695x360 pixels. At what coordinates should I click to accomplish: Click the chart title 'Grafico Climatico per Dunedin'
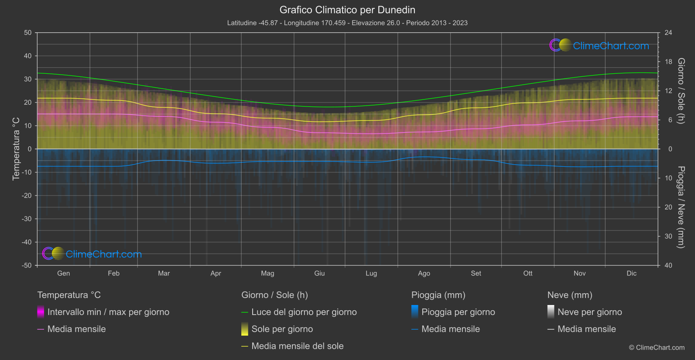point(347,10)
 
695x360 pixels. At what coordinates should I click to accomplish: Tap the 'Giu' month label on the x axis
point(319,273)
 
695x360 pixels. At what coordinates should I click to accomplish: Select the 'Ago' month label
point(424,273)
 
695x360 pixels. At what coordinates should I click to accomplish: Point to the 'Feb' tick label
point(113,273)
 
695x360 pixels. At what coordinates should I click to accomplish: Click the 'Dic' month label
point(631,273)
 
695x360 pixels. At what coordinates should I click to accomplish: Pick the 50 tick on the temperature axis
point(28,33)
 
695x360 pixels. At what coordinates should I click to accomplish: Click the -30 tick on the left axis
point(27,219)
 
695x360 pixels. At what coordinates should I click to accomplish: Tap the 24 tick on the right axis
point(668,33)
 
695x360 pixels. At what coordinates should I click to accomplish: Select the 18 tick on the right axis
point(668,62)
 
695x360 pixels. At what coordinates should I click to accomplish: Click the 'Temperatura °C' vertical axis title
point(16,149)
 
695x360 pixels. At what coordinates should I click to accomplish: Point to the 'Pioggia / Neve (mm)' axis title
point(681,207)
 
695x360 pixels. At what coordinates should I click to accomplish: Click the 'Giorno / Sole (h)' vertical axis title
point(681,91)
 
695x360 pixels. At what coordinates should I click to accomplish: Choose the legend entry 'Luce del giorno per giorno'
point(304,312)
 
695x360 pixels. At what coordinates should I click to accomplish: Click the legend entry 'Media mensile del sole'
point(297,346)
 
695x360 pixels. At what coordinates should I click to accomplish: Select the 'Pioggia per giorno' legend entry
point(458,312)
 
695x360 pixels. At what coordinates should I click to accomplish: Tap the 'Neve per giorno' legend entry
point(589,312)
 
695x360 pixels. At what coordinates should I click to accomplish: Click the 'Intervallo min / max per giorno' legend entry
point(108,312)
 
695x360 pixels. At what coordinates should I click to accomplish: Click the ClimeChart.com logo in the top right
point(600,45)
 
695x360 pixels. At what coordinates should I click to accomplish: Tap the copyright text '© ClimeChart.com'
point(657,347)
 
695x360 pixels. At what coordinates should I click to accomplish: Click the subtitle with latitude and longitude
point(347,23)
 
